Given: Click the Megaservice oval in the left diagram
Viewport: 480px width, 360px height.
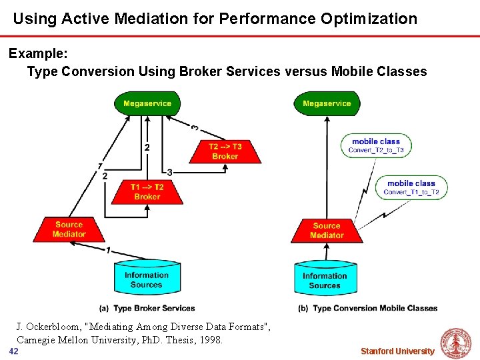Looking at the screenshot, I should [x=147, y=103].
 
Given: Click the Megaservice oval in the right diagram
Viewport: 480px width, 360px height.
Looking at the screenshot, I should [x=327, y=103].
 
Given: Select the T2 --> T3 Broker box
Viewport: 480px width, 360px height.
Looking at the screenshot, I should [x=225, y=151].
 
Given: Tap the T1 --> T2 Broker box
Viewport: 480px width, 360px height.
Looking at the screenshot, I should [x=147, y=192].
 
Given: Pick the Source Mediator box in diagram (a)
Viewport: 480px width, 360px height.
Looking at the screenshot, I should [x=69, y=229].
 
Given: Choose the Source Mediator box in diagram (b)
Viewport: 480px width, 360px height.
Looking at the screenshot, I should [x=327, y=230].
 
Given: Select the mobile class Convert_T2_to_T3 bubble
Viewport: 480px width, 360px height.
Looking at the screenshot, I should [x=376, y=145].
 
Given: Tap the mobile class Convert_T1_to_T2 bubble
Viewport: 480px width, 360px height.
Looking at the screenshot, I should [x=411, y=187].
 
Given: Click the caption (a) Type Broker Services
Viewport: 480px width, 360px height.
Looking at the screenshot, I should [x=147, y=308].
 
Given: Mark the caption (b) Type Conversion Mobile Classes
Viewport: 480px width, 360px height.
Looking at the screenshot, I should [x=368, y=308].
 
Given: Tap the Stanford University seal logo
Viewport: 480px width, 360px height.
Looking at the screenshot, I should [x=456, y=343].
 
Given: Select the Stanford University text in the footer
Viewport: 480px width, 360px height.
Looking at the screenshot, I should [x=397, y=351].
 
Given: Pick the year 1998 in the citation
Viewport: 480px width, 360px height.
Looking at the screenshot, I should [x=209, y=339].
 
